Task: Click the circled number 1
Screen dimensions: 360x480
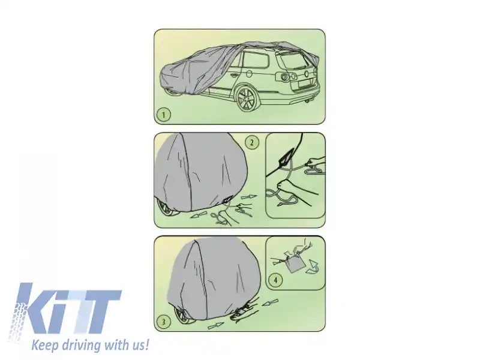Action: pos(164,113)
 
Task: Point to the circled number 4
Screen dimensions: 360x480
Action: pos(276,279)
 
